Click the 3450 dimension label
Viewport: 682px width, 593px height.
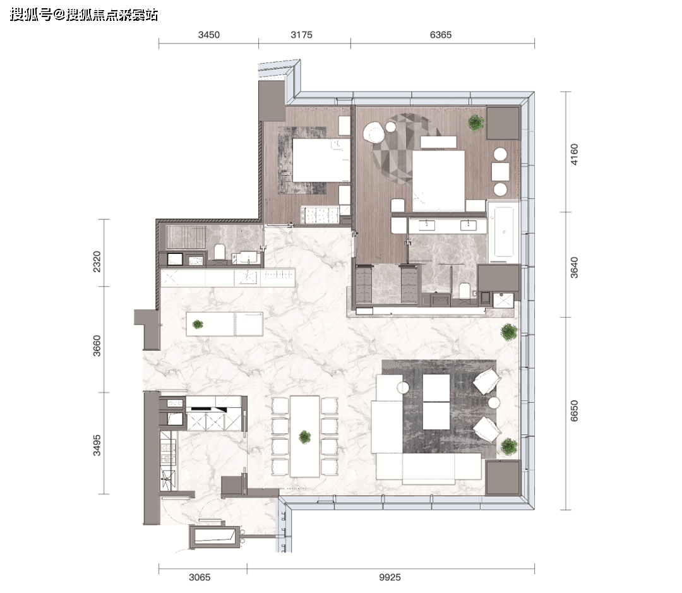click(x=209, y=35)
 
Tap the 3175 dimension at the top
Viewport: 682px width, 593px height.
click(x=301, y=35)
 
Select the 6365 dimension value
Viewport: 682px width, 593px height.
click(x=441, y=35)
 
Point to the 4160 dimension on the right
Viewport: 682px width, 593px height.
click(x=574, y=155)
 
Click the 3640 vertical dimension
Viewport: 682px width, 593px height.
click(x=574, y=268)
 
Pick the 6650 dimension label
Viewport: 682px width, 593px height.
click(x=574, y=410)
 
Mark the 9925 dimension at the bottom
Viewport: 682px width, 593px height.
click(x=390, y=577)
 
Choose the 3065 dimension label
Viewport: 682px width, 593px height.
click(x=200, y=577)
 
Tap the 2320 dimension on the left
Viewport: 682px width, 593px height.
click(x=97, y=261)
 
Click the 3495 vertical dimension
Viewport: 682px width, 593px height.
click(x=97, y=445)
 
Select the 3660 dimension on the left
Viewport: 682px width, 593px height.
click(x=97, y=345)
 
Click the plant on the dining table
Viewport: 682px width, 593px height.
click(x=305, y=437)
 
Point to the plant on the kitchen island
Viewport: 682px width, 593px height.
click(x=198, y=324)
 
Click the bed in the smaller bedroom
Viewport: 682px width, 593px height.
click(x=321, y=160)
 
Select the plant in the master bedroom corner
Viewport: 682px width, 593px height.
click(x=476, y=123)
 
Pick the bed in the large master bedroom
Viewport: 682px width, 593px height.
click(x=438, y=181)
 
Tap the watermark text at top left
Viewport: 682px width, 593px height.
click(x=83, y=15)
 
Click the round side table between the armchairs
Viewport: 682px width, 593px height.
click(x=494, y=402)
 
